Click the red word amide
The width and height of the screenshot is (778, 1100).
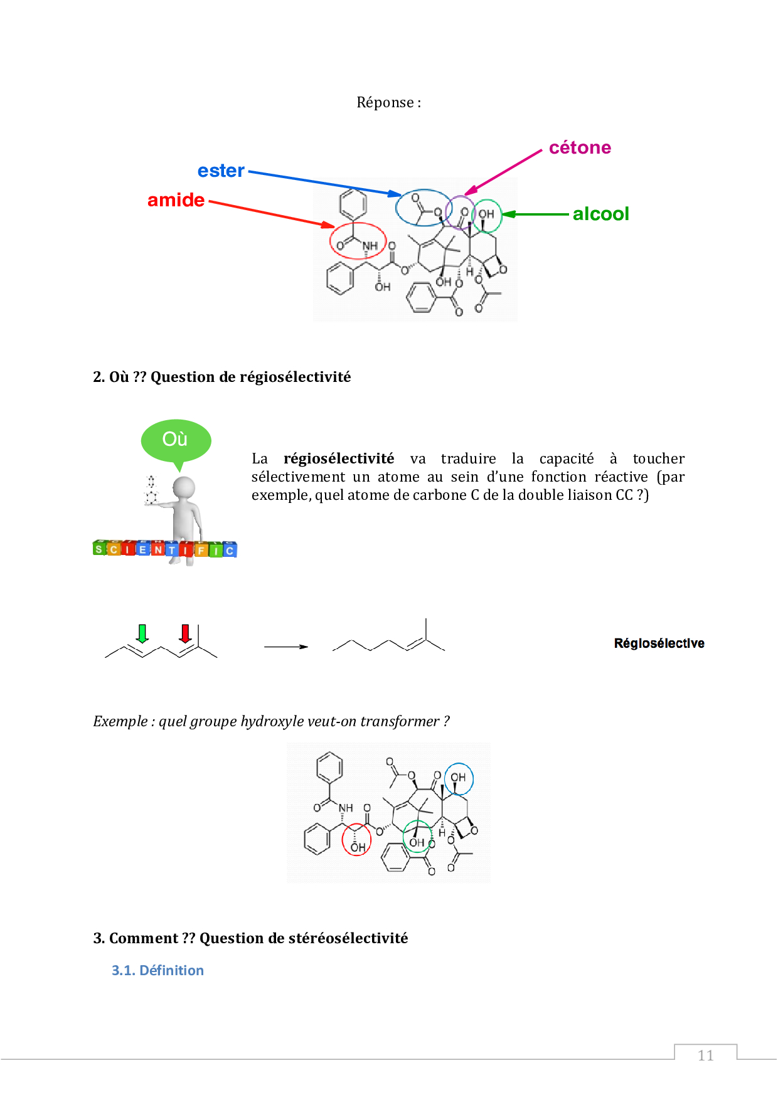176,200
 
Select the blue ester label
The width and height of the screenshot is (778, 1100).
221,171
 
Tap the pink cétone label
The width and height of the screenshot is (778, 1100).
580,147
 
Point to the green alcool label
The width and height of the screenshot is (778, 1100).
600,214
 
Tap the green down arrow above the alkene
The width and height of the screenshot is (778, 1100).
142,633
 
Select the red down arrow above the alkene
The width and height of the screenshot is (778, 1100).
185,633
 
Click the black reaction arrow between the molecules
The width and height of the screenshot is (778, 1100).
286,647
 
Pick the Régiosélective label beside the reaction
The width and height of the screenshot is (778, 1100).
659,643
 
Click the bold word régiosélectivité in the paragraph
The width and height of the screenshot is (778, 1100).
339,458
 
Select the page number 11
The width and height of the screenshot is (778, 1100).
706,1055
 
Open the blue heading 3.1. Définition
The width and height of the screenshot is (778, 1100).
157,970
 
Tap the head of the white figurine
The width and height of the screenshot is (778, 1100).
184,487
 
